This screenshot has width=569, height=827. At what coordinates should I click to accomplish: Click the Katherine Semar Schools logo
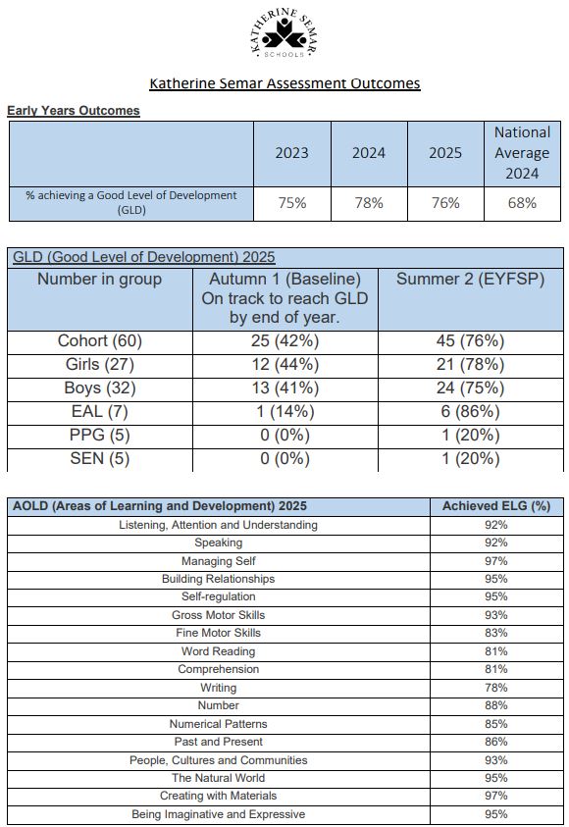pyautogui.click(x=284, y=32)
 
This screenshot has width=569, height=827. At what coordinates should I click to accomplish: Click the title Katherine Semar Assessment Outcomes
pyautogui.click(x=284, y=83)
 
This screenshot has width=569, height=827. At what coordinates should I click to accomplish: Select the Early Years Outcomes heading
pyautogui.click(x=74, y=111)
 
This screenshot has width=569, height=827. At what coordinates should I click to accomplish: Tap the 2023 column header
pyautogui.click(x=291, y=153)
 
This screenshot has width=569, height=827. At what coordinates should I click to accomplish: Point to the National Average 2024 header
pyautogui.click(x=522, y=153)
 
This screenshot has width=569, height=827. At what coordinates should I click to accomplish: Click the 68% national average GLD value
pyautogui.click(x=522, y=203)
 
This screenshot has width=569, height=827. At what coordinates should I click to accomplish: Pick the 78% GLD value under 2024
pyautogui.click(x=369, y=203)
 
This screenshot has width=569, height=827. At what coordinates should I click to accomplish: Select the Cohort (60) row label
pyautogui.click(x=100, y=341)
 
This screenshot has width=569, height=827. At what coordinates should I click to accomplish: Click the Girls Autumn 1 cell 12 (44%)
pyautogui.click(x=284, y=365)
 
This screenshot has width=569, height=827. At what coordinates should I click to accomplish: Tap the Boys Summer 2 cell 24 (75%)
pyautogui.click(x=470, y=388)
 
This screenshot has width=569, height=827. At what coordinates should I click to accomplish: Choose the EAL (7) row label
pyautogui.click(x=100, y=411)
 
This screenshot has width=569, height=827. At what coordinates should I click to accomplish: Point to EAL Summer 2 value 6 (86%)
pyautogui.click(x=470, y=411)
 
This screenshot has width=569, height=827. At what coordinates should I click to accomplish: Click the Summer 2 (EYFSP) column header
pyautogui.click(x=470, y=279)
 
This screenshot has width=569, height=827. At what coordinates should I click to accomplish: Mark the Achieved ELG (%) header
pyautogui.click(x=496, y=506)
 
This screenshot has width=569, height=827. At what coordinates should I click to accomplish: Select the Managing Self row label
pyautogui.click(x=219, y=561)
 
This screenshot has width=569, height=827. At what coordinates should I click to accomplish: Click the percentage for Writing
pyautogui.click(x=496, y=688)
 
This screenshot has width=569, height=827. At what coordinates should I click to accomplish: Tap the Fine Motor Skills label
pyautogui.click(x=219, y=633)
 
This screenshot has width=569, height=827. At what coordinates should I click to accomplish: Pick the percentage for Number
pyautogui.click(x=496, y=705)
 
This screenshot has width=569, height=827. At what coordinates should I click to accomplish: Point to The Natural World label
pyautogui.click(x=219, y=778)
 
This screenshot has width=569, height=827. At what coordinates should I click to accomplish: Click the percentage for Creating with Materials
pyautogui.click(x=496, y=796)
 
